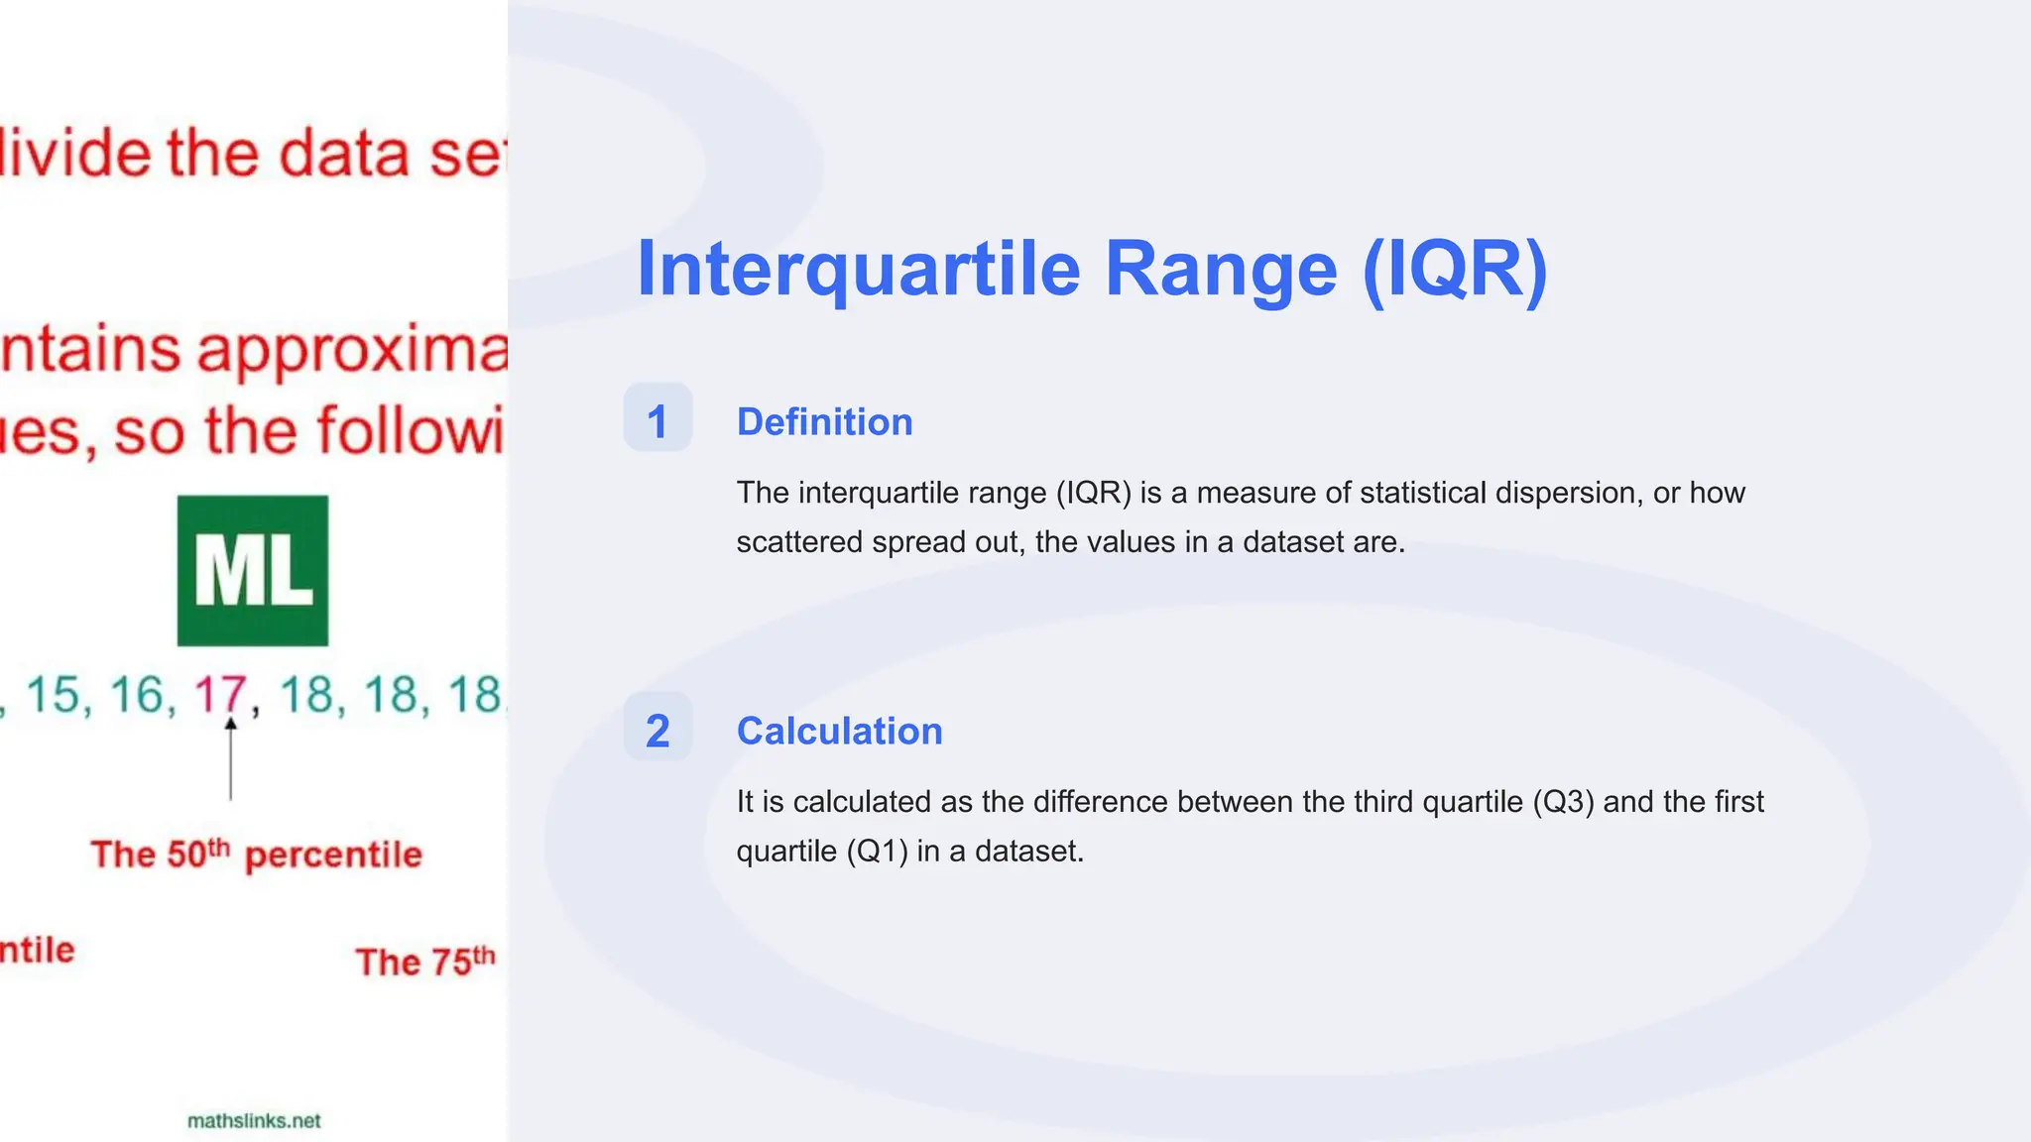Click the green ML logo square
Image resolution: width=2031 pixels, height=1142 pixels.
point(253,571)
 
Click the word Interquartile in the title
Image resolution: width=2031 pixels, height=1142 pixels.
point(858,270)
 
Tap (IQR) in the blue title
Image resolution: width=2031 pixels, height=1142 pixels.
point(1454,270)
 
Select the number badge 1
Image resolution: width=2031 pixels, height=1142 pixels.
point(657,419)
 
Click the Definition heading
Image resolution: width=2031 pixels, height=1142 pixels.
point(824,422)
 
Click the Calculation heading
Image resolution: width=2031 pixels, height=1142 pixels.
point(839,732)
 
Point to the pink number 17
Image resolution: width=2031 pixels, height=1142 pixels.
point(220,694)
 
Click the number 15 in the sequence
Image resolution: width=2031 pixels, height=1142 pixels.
point(53,694)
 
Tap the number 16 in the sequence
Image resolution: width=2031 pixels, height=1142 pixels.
point(137,694)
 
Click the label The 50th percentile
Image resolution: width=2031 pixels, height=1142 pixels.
point(256,855)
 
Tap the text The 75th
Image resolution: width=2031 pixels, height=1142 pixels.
point(424,962)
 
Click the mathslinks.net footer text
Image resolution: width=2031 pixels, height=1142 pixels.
point(254,1121)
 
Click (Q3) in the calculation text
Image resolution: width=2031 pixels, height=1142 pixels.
point(1563,802)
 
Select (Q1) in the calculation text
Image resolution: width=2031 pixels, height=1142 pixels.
point(877,852)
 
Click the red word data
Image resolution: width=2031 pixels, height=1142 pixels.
point(343,155)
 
